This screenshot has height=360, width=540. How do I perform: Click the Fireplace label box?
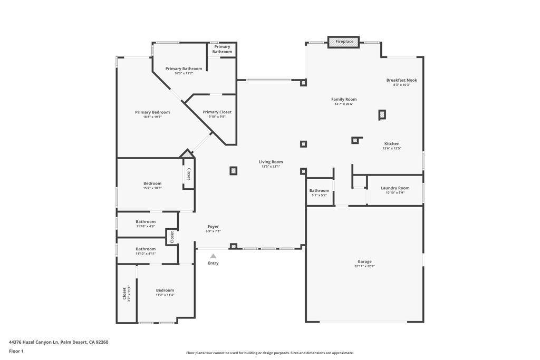coord(344,42)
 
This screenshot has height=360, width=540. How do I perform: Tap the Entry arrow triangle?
coord(213,256)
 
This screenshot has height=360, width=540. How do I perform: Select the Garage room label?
coord(364,261)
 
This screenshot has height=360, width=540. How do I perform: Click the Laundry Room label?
coord(395,188)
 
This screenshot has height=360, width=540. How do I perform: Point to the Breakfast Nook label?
coord(401,80)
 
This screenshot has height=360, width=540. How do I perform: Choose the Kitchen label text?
coord(392,144)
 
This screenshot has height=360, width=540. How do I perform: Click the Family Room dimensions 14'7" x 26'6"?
coord(344,104)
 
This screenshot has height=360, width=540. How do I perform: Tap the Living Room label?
coord(271,162)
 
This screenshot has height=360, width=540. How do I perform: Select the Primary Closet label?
coord(217,112)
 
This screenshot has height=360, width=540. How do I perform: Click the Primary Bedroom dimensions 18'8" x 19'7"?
coord(152,117)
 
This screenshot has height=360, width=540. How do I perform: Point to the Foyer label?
coord(213,227)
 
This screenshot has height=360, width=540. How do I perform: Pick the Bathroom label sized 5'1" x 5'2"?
coord(319,191)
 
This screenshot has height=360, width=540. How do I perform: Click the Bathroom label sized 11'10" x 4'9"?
coord(146,222)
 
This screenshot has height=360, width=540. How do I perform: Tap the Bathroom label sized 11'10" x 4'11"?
coord(146,249)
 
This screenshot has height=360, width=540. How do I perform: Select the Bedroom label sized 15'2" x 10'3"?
coord(152,183)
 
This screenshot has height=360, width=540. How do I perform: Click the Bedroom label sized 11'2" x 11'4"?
coord(165,290)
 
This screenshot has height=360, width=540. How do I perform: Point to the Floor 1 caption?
coord(16,351)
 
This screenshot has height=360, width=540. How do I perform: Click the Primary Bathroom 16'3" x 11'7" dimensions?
coord(184,74)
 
